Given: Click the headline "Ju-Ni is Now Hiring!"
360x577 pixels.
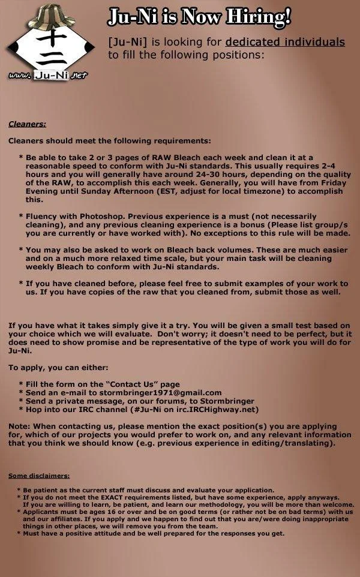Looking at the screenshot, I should coord(199,18).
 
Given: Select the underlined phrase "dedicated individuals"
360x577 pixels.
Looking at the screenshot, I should coord(285,42).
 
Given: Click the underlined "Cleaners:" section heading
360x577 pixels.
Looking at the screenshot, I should coord(27,125).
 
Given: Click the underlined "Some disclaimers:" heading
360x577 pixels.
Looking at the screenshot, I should coord(38,476).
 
